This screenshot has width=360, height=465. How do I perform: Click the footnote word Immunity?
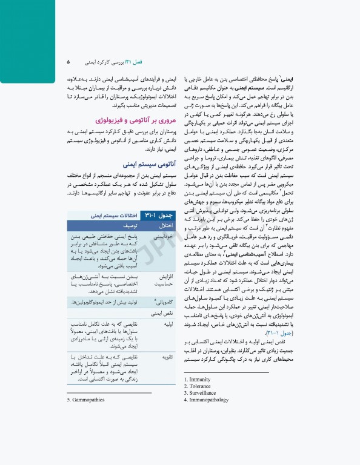(x=200, y=380)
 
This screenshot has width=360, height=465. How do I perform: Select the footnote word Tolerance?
(x=201, y=386)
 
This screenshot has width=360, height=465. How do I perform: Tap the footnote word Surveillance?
(x=203, y=393)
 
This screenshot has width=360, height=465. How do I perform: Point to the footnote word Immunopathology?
(x=208, y=400)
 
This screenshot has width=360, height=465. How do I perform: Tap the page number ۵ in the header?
(x=68, y=62)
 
